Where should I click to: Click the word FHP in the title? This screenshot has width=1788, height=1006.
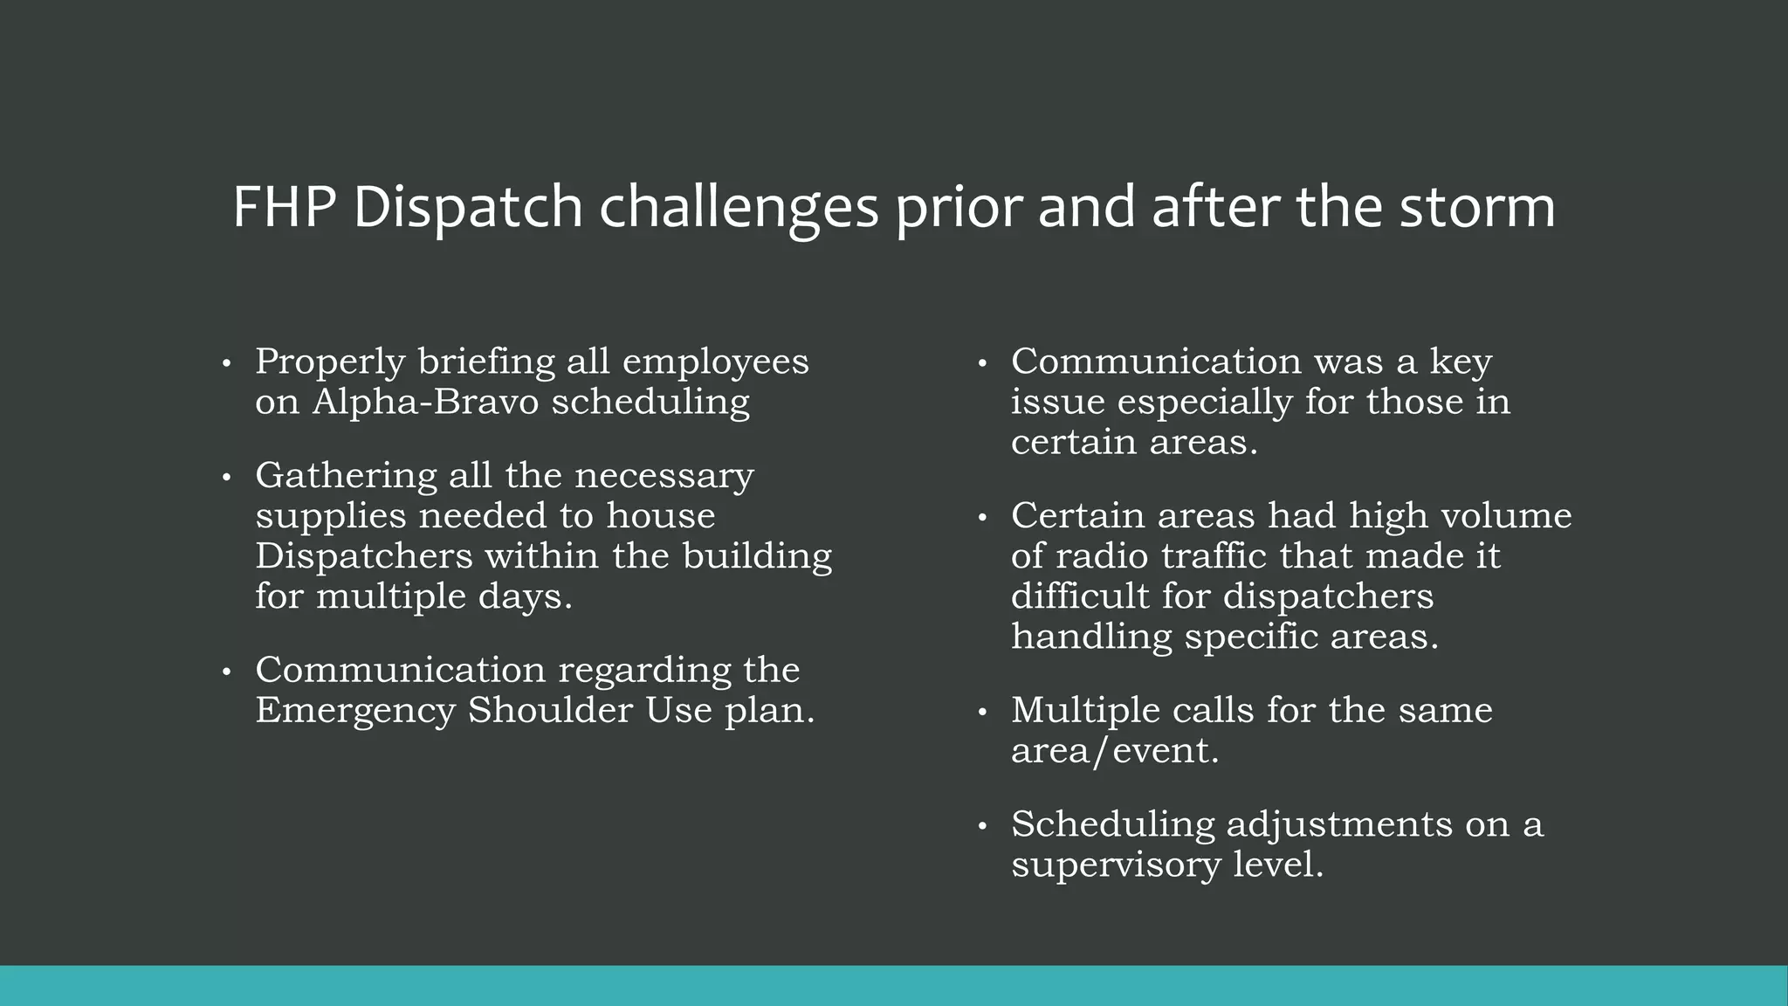pos(285,208)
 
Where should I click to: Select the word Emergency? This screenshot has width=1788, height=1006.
pos(355,710)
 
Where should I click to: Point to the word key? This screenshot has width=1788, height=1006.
pos(1461,362)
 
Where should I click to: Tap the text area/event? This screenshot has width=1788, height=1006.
pos(1114,751)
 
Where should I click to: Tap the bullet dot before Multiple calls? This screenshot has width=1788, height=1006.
pos(982,712)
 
